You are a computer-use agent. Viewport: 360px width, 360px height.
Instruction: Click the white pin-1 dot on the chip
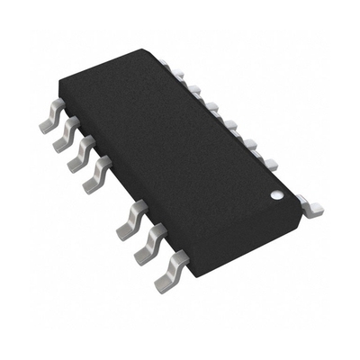(x=278, y=192)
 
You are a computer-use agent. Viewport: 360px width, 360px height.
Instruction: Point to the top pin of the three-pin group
(x=131, y=219)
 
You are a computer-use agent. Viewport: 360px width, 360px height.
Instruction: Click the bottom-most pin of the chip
(x=172, y=269)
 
